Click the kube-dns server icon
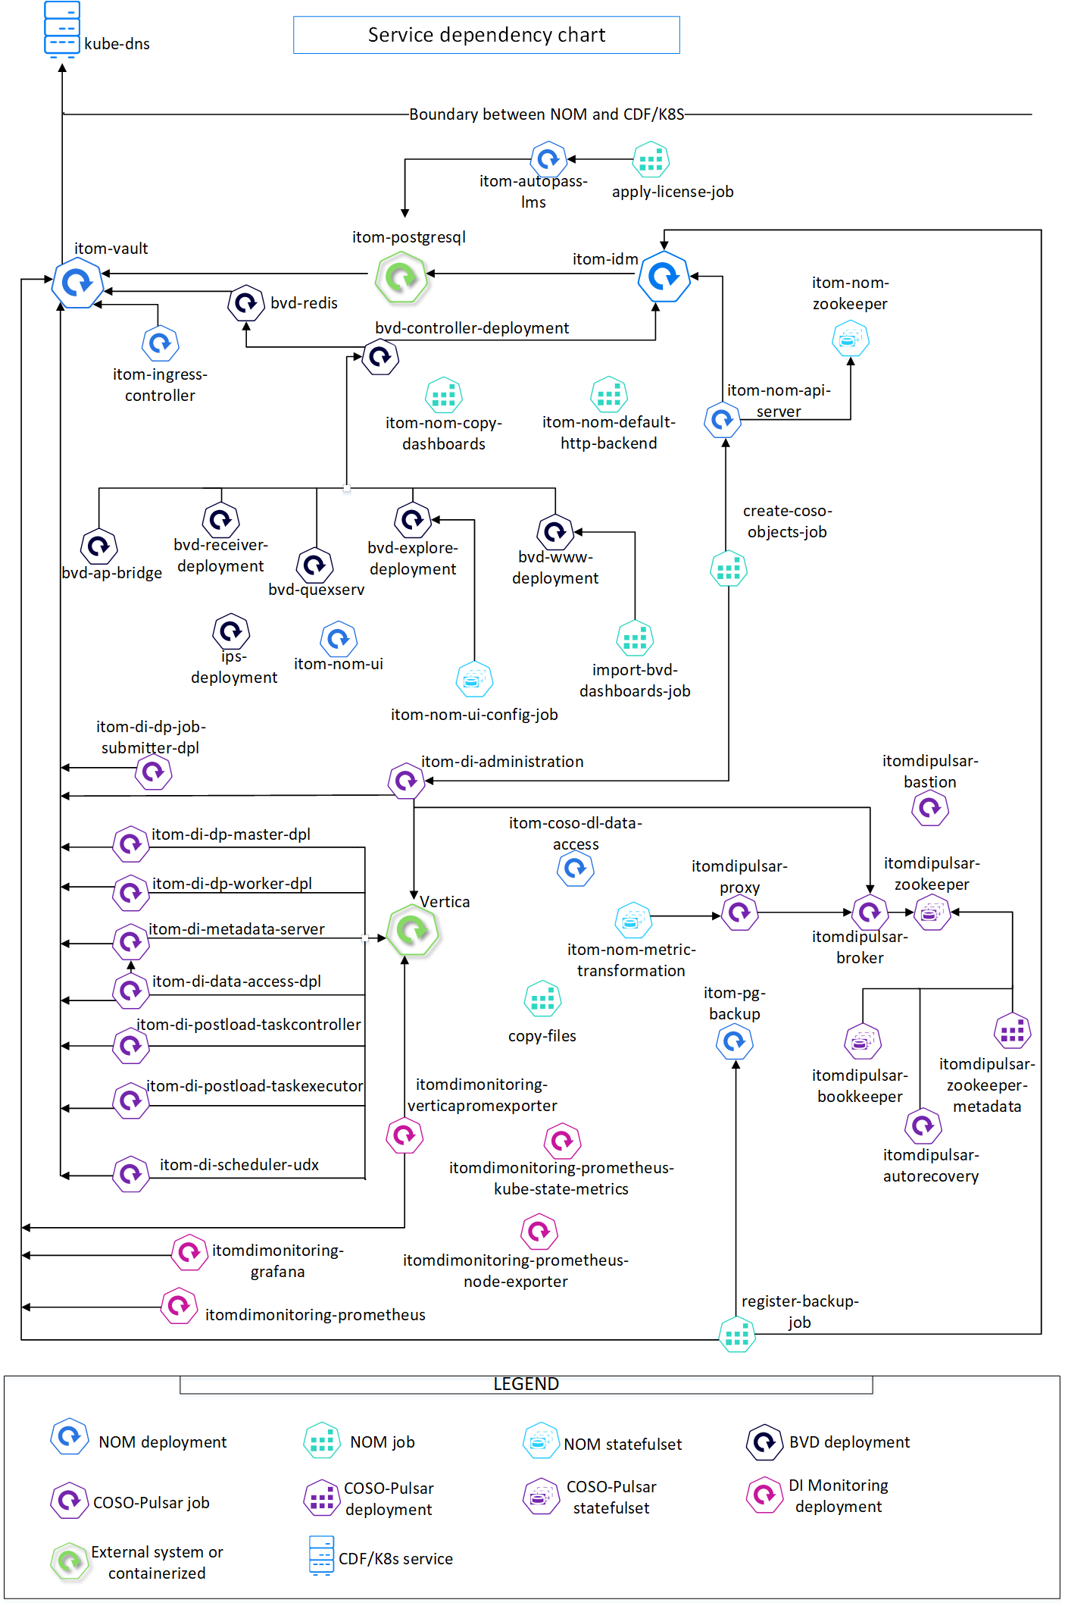pyautogui.click(x=62, y=30)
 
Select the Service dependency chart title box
pyautogui.click(x=486, y=35)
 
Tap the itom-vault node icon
pyautogui.click(x=77, y=283)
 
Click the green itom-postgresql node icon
pyautogui.click(x=401, y=277)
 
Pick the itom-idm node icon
pyautogui.click(x=664, y=277)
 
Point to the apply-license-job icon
pyautogui.click(x=651, y=159)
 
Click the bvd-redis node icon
pyautogui.click(x=246, y=303)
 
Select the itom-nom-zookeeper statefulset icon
pyautogui.click(x=851, y=338)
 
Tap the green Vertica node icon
pyautogui.click(x=413, y=930)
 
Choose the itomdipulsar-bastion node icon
pyautogui.click(x=930, y=809)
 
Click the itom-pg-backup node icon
pyautogui.click(x=735, y=1042)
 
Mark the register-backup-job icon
pyautogui.click(x=737, y=1334)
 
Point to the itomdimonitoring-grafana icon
pyautogui.click(x=189, y=1252)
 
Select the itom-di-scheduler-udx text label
pyautogui.click(x=239, y=1165)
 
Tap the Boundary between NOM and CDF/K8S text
pyautogui.click(x=547, y=114)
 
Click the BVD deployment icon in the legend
pyautogui.click(x=765, y=1442)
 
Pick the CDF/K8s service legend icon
pyautogui.click(x=322, y=1556)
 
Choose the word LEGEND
pyautogui.click(x=526, y=1384)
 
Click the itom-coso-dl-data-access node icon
pyautogui.click(x=576, y=868)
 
